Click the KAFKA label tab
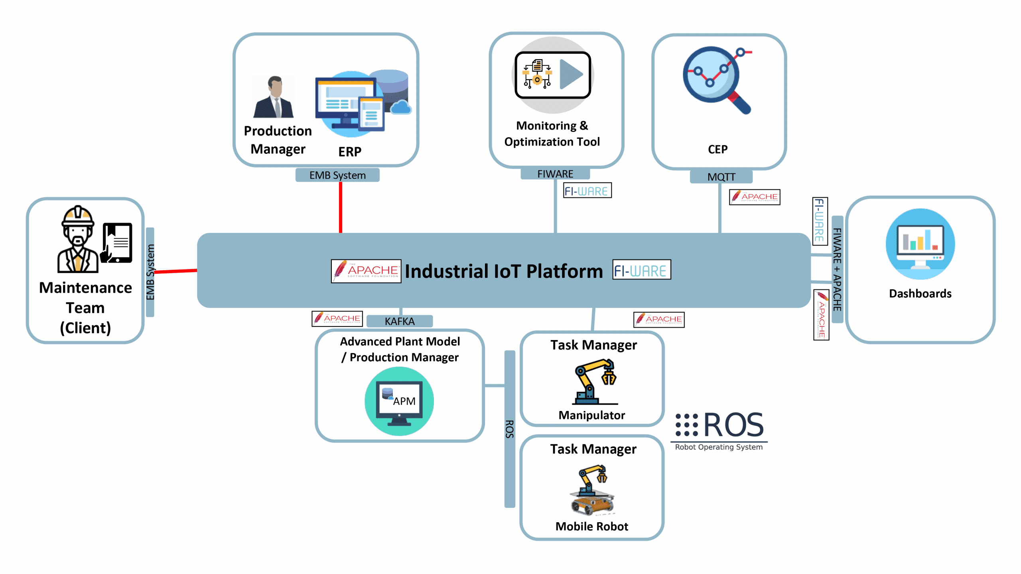(399, 321)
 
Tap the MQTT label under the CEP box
(721, 177)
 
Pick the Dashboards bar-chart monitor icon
(920, 244)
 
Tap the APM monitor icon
(399, 401)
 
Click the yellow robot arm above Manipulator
(594, 381)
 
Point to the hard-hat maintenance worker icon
(78, 240)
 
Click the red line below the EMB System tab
(341, 207)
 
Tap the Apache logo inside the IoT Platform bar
(366, 271)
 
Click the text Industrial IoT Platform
(503, 271)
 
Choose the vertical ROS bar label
(510, 429)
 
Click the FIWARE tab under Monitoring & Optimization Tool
(555, 174)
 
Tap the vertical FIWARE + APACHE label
(837, 269)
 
